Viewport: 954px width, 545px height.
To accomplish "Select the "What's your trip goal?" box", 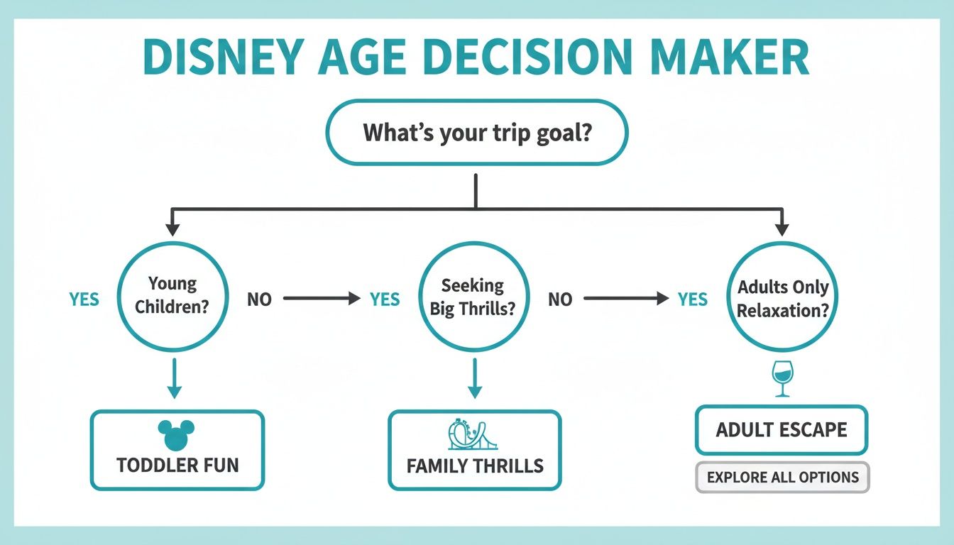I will [476, 133].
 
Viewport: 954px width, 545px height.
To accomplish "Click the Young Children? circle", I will [172, 297].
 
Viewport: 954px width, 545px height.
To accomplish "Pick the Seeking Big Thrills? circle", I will [473, 297].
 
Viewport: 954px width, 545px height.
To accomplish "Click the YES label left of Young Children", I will [84, 299].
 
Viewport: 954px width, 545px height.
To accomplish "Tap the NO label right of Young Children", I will [259, 299].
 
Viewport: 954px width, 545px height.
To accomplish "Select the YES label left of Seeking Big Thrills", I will [385, 299].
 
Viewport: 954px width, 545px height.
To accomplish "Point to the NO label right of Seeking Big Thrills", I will [560, 299].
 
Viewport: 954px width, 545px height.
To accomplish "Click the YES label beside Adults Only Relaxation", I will [692, 299].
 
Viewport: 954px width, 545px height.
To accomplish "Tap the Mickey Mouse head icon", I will [175, 434].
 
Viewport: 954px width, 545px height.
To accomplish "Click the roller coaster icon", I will [473, 434].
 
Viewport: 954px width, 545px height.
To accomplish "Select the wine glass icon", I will [782, 380].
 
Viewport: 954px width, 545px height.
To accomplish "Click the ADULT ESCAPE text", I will [782, 430].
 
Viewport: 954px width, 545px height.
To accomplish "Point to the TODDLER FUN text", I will [177, 466].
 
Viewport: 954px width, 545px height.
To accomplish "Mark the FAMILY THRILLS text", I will [475, 466].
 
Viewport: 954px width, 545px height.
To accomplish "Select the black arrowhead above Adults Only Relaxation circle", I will [782, 229].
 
